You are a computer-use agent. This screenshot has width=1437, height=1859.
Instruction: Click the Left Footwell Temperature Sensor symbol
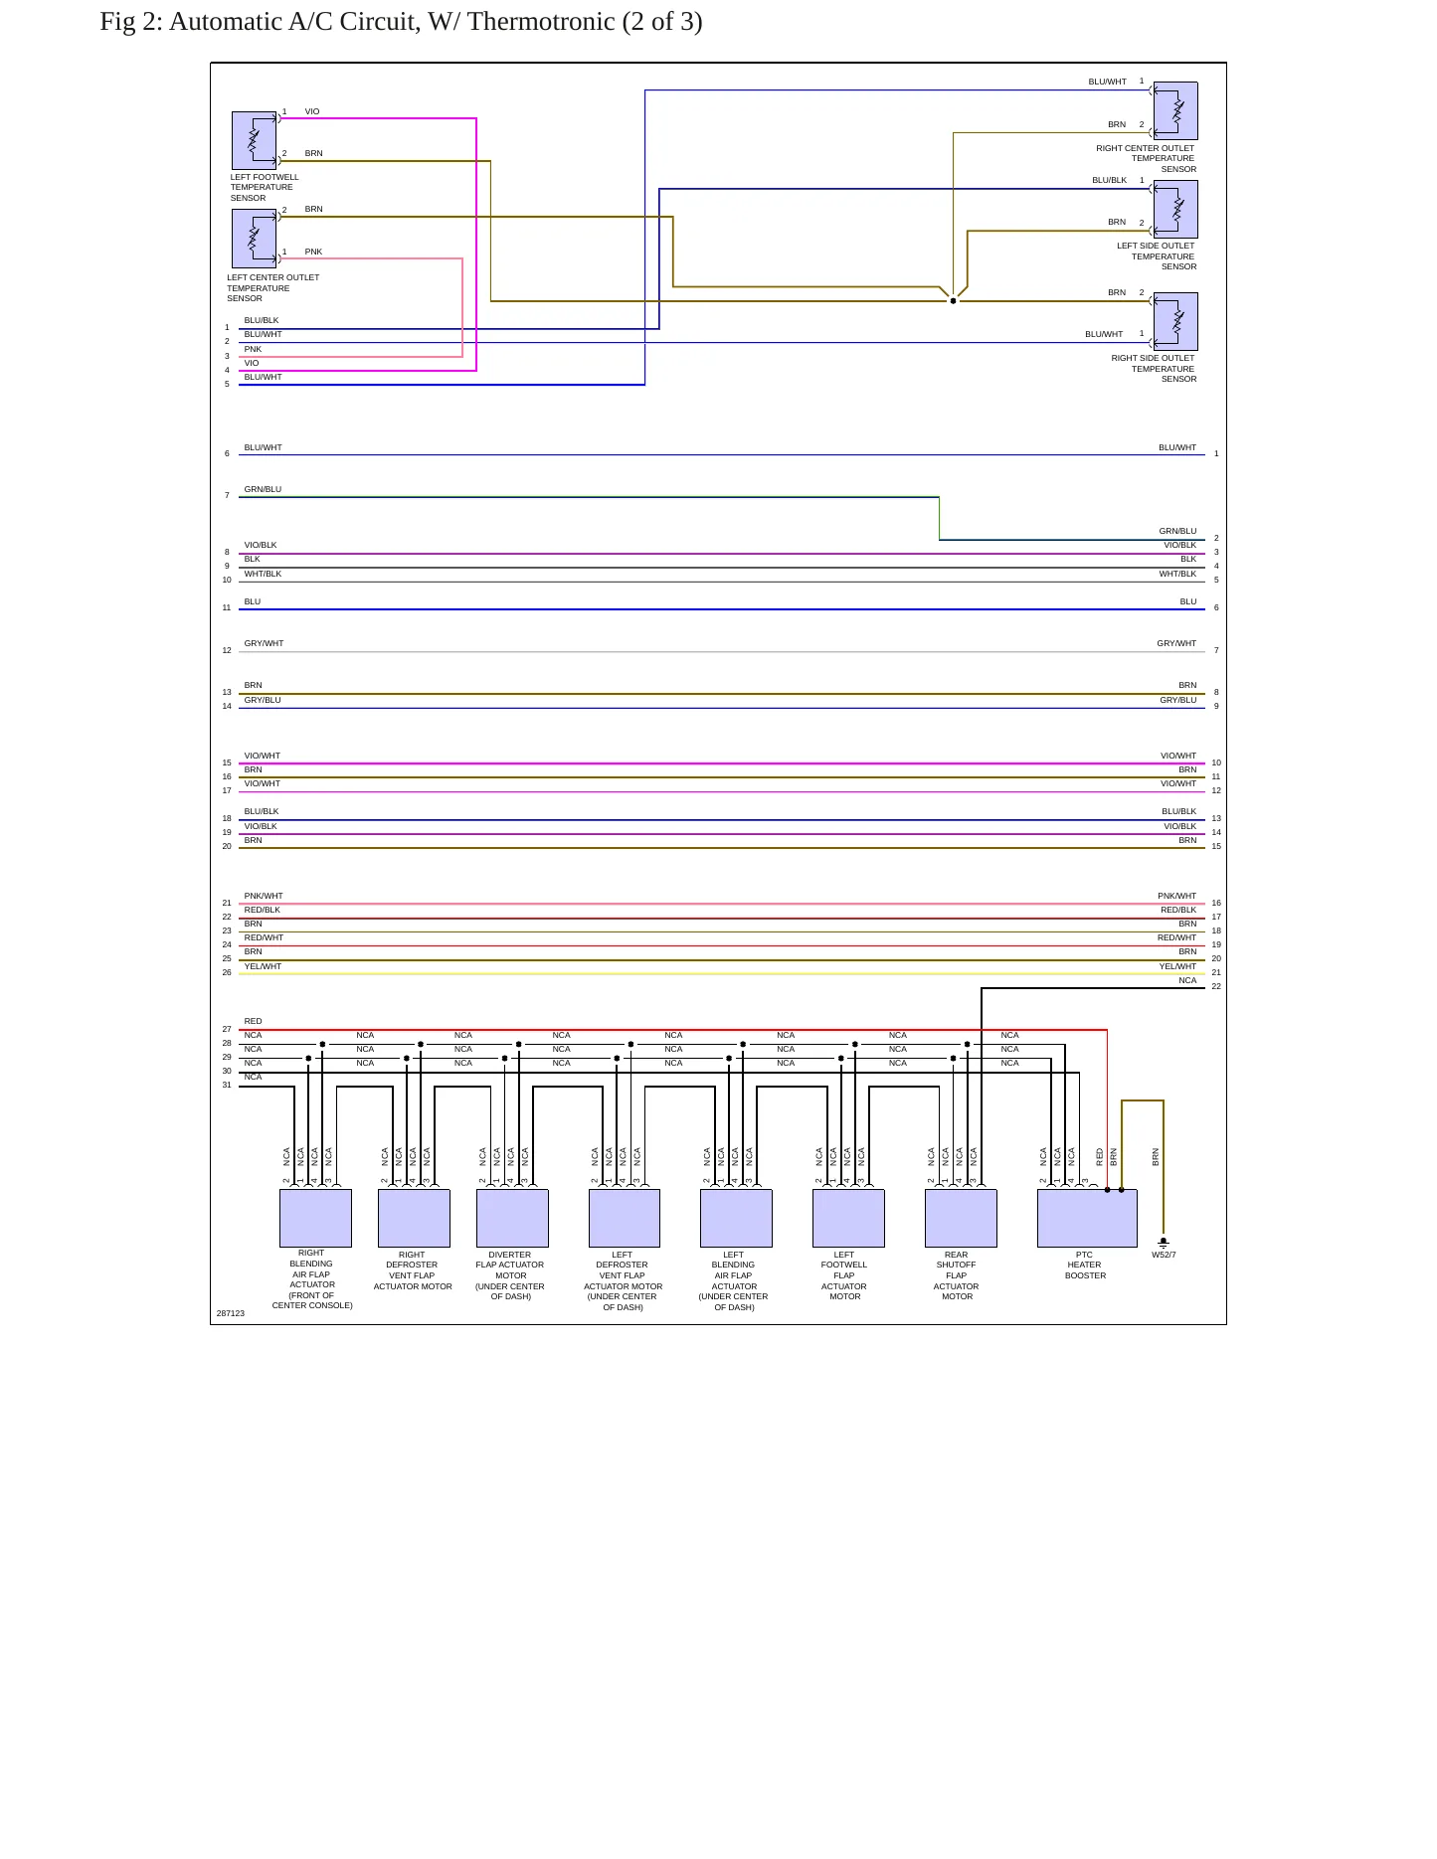(x=254, y=140)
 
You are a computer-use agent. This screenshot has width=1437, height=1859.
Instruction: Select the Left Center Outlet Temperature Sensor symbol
(x=254, y=239)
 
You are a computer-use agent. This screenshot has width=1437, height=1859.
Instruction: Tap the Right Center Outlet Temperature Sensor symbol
(x=1175, y=110)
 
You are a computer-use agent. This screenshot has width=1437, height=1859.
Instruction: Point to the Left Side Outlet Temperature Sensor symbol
(x=1175, y=209)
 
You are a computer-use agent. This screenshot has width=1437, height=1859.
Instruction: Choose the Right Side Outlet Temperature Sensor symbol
(x=1175, y=321)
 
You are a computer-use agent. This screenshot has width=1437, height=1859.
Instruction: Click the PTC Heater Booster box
(x=1087, y=1218)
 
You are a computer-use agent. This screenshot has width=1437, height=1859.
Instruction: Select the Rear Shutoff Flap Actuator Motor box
(x=961, y=1218)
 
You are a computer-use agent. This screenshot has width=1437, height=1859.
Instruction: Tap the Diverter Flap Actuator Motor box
(x=512, y=1218)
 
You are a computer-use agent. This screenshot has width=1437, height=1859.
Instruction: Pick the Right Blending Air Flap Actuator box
(x=315, y=1218)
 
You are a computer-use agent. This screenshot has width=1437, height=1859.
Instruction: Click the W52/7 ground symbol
(x=1164, y=1242)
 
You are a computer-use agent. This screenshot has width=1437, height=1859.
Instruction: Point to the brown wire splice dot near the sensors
(x=953, y=300)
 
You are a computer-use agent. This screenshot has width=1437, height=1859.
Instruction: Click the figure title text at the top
(x=401, y=22)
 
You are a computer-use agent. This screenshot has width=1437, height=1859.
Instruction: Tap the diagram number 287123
(x=231, y=1313)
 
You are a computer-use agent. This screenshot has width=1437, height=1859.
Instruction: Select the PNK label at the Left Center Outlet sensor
(x=313, y=252)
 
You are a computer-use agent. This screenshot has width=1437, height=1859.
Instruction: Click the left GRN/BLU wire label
(x=263, y=489)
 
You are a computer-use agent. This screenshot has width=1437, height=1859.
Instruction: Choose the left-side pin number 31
(x=227, y=1085)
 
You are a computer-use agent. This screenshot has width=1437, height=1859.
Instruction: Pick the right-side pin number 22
(x=1216, y=986)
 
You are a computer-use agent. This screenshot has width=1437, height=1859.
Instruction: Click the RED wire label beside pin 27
(x=254, y=1021)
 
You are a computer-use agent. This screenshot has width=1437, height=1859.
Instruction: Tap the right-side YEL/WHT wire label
(x=1177, y=966)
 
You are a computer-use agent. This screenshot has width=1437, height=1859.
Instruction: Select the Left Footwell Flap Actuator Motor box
(x=848, y=1218)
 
